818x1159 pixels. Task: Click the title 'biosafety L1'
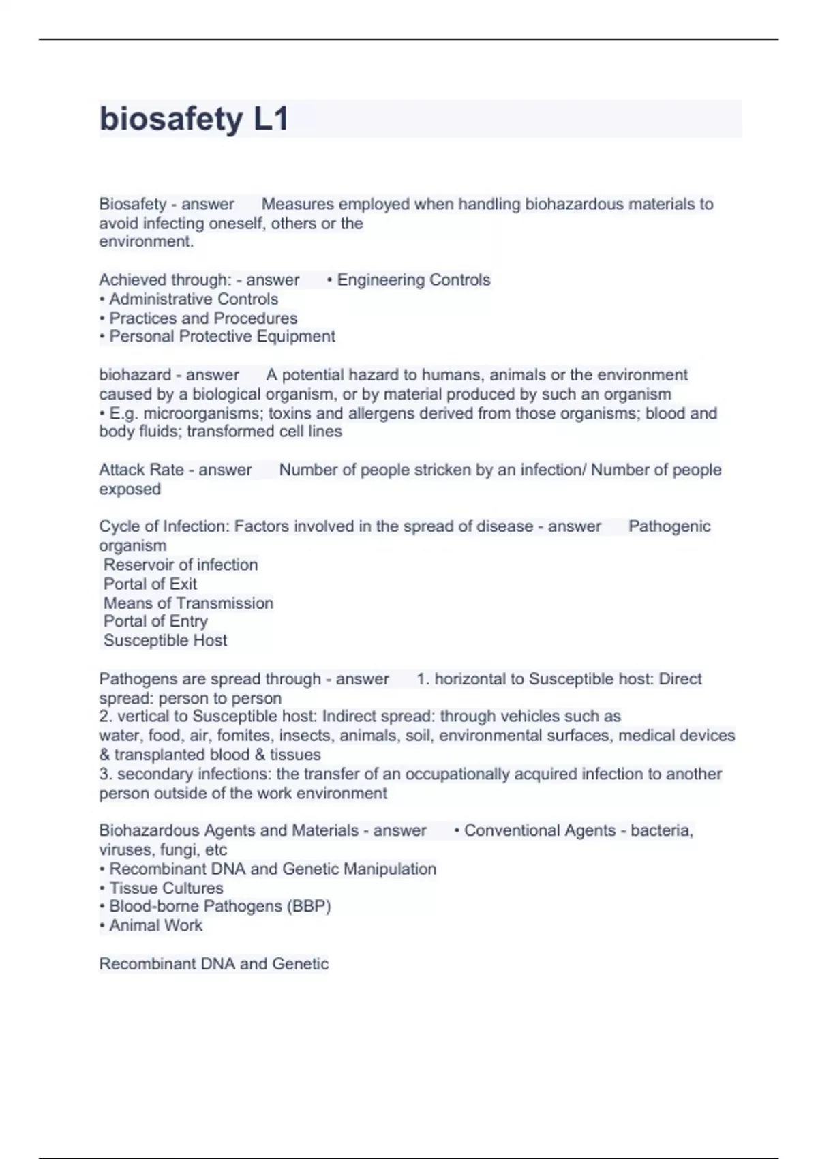(x=194, y=119)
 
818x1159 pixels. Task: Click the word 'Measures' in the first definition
(x=297, y=204)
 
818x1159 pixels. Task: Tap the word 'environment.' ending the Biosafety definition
(x=147, y=241)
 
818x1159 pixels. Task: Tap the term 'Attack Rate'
(x=141, y=470)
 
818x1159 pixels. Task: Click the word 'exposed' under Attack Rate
(x=130, y=489)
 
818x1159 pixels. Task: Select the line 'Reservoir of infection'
(x=181, y=565)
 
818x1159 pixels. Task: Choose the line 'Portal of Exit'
(x=150, y=584)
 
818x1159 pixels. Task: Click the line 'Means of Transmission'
(x=188, y=603)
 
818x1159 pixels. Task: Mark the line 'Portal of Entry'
(x=155, y=621)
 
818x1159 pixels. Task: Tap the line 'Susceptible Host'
(x=165, y=640)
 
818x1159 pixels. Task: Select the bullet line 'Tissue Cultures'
(x=166, y=888)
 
